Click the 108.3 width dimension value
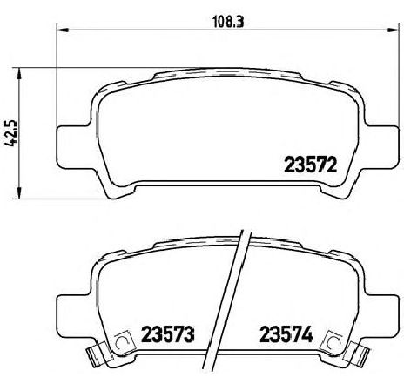[228, 22]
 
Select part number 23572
[310, 165]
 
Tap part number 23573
[167, 334]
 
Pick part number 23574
[286, 334]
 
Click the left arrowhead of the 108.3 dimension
[62, 30]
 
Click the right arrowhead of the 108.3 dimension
[393, 30]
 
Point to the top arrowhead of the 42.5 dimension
[19, 74]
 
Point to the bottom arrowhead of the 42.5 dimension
[19, 193]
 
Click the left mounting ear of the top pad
[72, 146]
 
